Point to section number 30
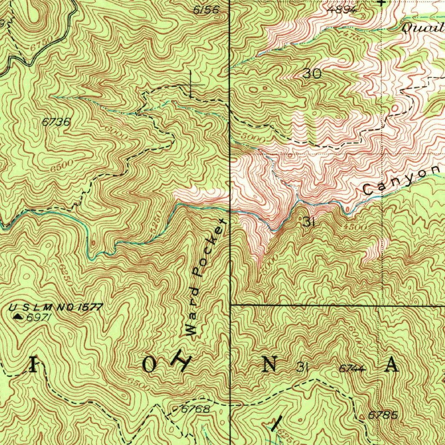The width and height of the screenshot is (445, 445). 312,74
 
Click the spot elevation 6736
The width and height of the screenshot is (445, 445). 56,123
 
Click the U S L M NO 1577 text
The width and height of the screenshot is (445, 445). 56,308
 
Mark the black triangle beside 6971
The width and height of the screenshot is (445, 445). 18,317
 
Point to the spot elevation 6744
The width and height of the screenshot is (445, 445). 352,369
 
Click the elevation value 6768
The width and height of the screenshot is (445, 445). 196,409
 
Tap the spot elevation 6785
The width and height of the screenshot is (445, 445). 382,415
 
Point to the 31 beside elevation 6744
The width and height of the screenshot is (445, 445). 302,368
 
